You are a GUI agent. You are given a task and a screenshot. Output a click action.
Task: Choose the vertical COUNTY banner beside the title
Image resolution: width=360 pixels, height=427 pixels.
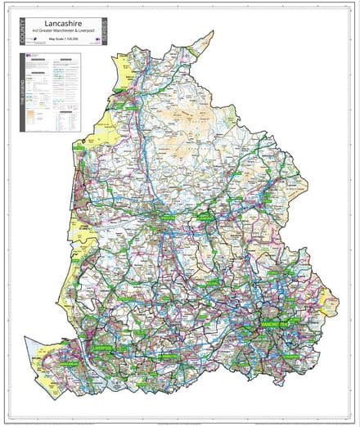[17, 30]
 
